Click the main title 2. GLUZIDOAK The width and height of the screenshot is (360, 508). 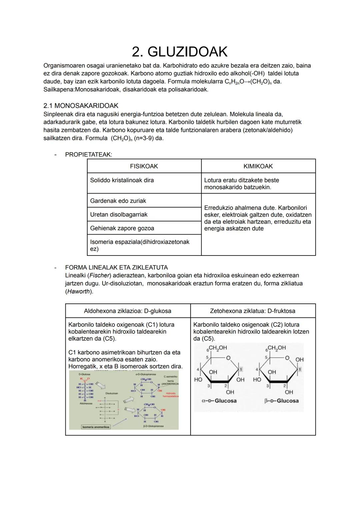click(x=180, y=52)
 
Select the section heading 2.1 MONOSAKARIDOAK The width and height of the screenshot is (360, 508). click(x=81, y=106)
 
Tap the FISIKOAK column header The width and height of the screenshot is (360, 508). click(x=144, y=166)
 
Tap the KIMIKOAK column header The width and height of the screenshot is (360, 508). click(x=258, y=166)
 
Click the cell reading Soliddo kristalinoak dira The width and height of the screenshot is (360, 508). click(x=122, y=180)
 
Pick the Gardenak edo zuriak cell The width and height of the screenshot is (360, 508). click(x=118, y=201)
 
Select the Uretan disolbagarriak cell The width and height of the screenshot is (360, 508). click(x=118, y=215)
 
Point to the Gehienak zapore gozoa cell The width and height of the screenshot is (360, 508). click(x=122, y=228)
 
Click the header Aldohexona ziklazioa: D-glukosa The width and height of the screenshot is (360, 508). click(x=127, y=311)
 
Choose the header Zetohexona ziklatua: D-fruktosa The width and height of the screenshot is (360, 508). click(x=252, y=311)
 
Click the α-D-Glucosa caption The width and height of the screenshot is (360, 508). click(x=219, y=401)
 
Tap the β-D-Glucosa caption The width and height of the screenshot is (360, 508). click(x=281, y=401)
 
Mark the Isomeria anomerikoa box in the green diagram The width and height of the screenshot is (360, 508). click(x=96, y=427)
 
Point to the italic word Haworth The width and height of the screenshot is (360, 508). click(x=79, y=291)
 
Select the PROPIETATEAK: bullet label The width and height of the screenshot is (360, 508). click(x=88, y=155)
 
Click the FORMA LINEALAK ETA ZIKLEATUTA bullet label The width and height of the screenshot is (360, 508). click(x=116, y=267)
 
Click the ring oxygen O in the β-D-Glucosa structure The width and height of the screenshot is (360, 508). click(x=287, y=358)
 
